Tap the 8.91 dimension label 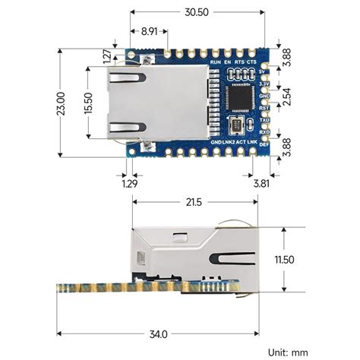click(x=150, y=32)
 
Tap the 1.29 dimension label click(x=129, y=183)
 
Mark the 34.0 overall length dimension click(x=159, y=333)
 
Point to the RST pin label click(x=265, y=108)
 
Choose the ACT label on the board click(x=241, y=142)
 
